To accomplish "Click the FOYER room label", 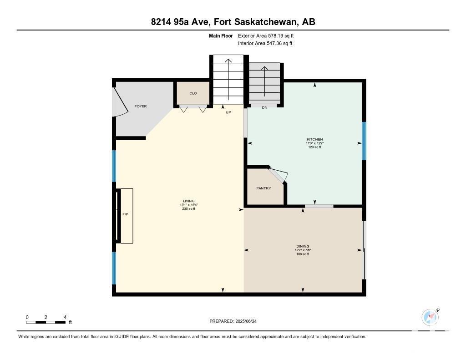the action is tap(141, 106).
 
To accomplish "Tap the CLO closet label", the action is tap(193, 93).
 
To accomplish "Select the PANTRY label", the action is tap(263, 188).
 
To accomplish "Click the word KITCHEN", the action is tap(315, 139).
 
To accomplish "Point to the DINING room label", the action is tap(303, 246).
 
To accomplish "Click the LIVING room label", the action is tap(189, 201).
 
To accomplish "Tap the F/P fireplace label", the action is tap(126, 214).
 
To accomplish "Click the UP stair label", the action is tap(228, 112).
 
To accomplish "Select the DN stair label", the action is tap(264, 107).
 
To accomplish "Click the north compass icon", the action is tap(430, 317).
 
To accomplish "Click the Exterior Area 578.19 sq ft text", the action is tap(266, 35).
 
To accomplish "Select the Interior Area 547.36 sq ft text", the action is tap(265, 43).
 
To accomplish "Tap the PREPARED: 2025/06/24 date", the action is tap(233, 321).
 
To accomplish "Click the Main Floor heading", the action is tap(221, 35).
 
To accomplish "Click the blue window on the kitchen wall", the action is tap(364, 141).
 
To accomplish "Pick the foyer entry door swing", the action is tap(120, 102).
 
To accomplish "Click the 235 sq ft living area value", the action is tap(189, 209).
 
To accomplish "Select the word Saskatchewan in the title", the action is tap(266, 22).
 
